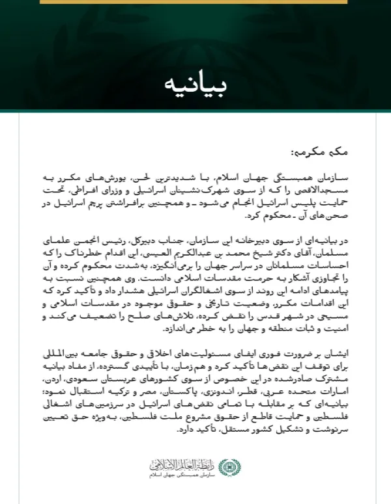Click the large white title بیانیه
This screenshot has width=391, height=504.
pos(195,85)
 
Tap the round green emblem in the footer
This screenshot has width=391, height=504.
pos(227,468)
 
